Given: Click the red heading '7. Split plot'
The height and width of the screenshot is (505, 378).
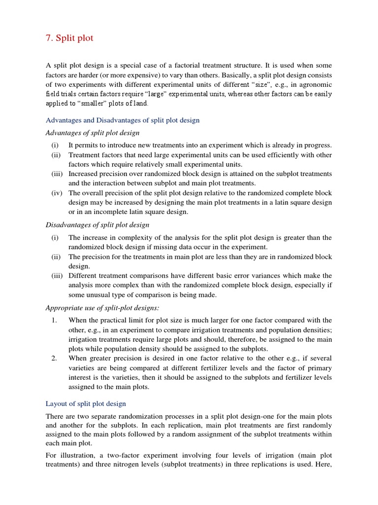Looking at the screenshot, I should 69,38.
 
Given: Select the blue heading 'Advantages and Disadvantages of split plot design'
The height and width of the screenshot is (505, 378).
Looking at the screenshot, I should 123,120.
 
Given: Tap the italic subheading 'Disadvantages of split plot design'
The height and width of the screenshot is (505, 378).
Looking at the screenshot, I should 97,225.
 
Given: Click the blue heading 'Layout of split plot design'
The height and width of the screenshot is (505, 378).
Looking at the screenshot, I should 86,403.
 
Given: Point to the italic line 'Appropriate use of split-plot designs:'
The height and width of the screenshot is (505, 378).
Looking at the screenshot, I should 102,308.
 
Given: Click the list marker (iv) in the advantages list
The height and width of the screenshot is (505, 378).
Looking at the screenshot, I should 56,193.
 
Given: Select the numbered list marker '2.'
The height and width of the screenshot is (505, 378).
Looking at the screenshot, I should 55,359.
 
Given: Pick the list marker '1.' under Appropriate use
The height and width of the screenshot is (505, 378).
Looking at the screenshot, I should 55,321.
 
